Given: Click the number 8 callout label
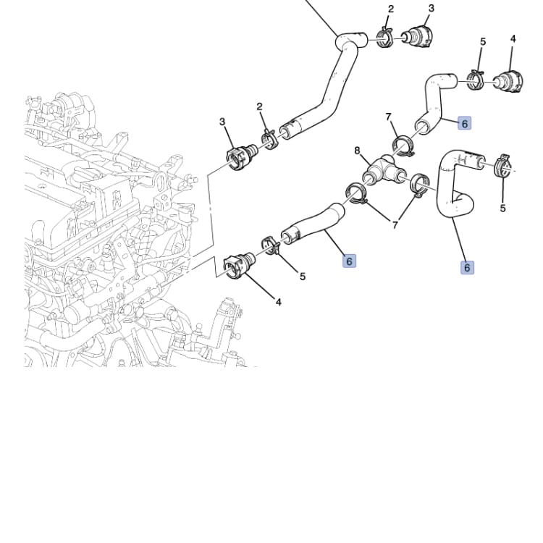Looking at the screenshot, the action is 357,151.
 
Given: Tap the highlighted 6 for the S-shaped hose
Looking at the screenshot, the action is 467,268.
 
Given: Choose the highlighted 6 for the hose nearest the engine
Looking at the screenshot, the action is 349,261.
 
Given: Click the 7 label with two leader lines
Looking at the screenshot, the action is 395,225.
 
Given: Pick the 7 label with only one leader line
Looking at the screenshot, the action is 388,117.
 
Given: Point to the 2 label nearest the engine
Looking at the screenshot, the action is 260,107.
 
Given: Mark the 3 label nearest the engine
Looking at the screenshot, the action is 222,122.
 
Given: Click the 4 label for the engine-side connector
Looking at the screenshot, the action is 279,303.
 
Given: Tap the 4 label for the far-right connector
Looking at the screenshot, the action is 513,39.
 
